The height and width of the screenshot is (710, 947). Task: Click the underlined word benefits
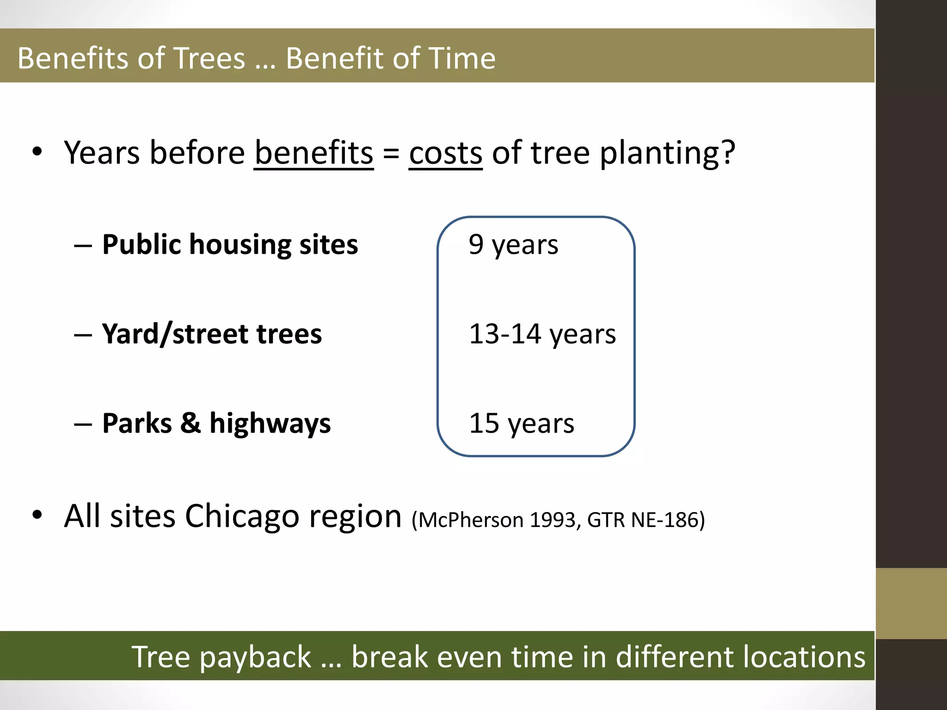click(314, 153)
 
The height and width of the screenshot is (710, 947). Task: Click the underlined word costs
click(445, 153)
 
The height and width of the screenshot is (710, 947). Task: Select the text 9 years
click(513, 245)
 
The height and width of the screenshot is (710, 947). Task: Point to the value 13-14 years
click(542, 334)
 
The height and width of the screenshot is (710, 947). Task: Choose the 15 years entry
click(521, 423)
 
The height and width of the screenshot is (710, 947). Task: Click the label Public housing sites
click(230, 245)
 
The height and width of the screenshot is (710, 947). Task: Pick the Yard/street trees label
click(212, 334)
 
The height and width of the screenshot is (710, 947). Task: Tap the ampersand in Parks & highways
click(191, 422)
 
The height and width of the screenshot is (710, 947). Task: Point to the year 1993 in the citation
click(552, 520)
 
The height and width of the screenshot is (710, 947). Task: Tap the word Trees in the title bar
click(209, 59)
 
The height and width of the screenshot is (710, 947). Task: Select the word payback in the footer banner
click(255, 657)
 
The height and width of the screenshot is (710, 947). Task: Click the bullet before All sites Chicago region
click(37, 514)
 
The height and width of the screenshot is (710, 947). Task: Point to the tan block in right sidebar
click(911, 603)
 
